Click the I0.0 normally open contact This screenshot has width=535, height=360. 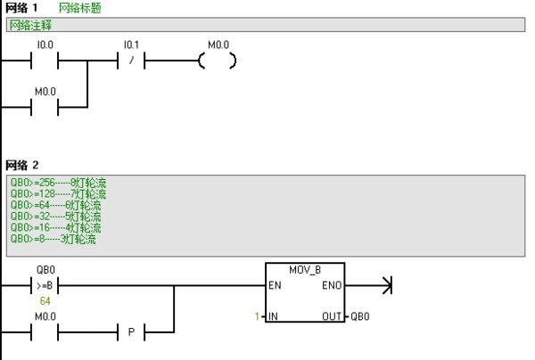tap(45, 61)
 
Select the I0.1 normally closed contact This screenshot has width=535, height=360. tap(131, 61)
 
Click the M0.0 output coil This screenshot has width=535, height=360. tap(218, 61)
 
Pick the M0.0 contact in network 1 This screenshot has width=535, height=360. tap(45, 108)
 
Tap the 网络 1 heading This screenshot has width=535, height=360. tap(21, 8)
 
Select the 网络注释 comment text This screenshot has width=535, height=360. tap(31, 25)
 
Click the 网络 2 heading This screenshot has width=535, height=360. tap(22, 165)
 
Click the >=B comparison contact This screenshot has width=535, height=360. tap(45, 287)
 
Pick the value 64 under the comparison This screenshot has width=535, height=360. tap(45, 301)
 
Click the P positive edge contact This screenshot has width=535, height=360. tap(131, 333)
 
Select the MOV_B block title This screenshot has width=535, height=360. tap(305, 269)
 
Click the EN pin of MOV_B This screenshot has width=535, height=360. tap(276, 287)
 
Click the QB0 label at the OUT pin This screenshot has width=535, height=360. tap(360, 316)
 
